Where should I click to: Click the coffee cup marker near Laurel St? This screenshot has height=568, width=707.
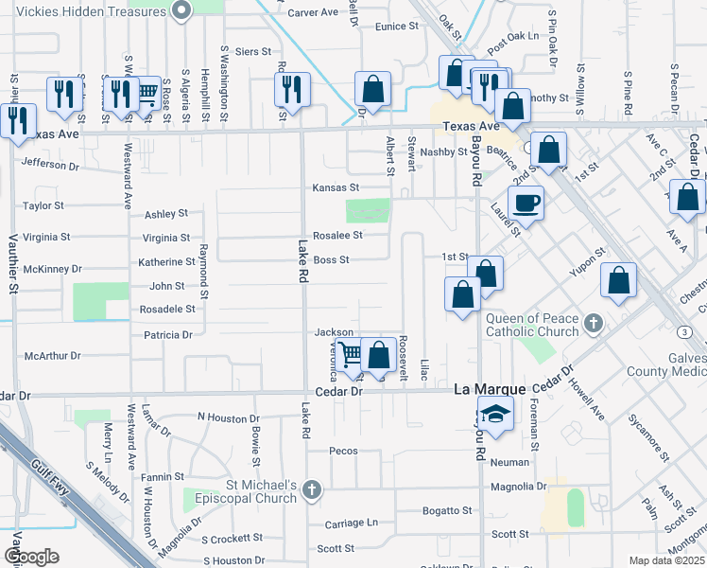click(526, 202)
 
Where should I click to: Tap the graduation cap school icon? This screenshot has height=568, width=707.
click(494, 415)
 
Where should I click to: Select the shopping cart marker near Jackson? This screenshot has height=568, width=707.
click(351, 355)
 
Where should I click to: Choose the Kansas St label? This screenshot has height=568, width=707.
click(336, 188)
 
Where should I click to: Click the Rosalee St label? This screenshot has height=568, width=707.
click(338, 235)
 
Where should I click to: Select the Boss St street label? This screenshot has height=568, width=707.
click(332, 259)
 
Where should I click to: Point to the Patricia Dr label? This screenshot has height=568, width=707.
click(167, 334)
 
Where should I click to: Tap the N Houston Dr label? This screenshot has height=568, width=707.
click(228, 417)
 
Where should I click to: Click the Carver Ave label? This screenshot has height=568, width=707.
click(312, 13)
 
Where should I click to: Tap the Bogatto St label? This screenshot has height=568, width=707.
click(447, 511)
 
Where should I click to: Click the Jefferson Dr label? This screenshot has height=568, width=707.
click(50, 165)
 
